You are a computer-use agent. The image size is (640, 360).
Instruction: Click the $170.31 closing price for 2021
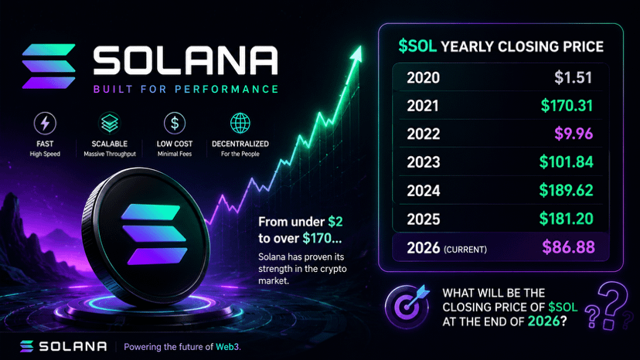coord(567,106)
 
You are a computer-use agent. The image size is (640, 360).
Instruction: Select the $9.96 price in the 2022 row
coord(574,134)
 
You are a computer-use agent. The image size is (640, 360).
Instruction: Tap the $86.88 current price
coord(568,247)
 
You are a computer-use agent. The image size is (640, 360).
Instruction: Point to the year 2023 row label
coord(424,162)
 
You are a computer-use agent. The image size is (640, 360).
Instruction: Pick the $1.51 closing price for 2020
coord(573,77)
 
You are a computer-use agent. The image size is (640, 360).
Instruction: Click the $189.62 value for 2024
coord(566,190)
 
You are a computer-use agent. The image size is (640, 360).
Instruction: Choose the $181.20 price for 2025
coord(566,219)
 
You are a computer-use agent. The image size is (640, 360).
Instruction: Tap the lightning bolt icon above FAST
coord(45,124)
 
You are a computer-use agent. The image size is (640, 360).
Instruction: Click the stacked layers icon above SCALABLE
coord(110,124)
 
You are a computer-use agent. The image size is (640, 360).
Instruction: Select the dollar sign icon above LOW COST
coord(175,124)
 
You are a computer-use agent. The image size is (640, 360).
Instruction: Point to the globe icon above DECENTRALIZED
coord(240,124)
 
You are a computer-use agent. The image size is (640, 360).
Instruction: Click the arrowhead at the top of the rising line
coord(356,54)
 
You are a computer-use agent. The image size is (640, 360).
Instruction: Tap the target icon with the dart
coord(407,306)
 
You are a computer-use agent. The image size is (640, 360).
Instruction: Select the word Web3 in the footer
coord(227,347)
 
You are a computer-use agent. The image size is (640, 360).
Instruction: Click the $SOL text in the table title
coord(417,46)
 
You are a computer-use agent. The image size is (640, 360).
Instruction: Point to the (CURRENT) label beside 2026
coord(465,250)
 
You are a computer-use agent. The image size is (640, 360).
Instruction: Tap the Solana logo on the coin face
coord(154,234)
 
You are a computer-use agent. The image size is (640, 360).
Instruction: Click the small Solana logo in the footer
coord(26,346)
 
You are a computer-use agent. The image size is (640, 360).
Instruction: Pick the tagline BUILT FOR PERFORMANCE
coord(186,89)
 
